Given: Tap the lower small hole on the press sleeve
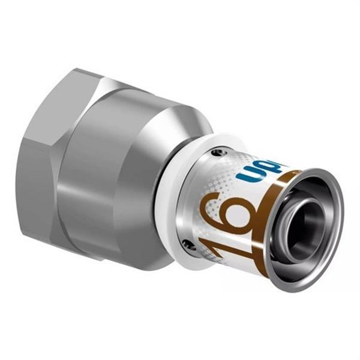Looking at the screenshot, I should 191,242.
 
